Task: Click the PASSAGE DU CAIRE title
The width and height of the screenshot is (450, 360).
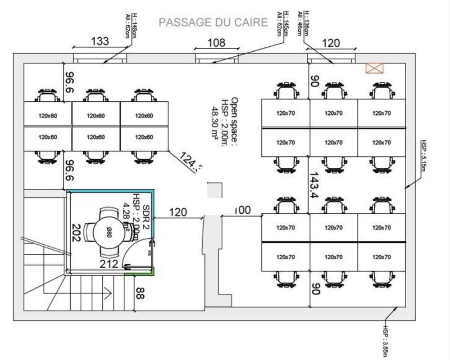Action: pos(213,22)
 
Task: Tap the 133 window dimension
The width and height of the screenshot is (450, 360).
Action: pos(100,41)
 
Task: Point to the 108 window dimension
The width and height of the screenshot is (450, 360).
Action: pos(216,43)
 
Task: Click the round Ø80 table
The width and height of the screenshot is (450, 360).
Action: pos(109,233)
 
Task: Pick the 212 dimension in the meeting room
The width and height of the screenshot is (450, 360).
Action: pos(109,264)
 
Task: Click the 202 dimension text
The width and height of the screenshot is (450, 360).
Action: pos(76,233)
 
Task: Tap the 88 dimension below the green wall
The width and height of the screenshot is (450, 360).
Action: pos(140,293)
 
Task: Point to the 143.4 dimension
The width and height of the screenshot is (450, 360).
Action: pos(314,185)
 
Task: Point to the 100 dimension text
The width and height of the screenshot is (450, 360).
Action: pos(242,210)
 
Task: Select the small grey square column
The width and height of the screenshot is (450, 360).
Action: pos(214,190)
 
